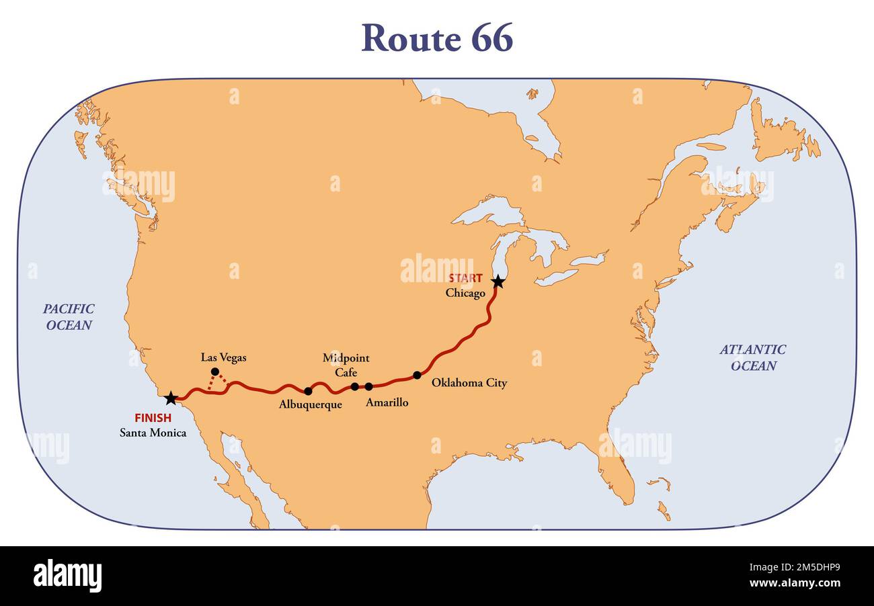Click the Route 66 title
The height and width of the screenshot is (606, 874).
coord(437,38)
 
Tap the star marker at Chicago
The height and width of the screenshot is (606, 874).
coord(498,282)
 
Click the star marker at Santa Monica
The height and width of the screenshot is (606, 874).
coord(171,398)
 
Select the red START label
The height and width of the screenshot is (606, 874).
coord(465,278)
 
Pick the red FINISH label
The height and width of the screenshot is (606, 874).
coord(153,418)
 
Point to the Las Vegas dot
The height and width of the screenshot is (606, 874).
coord(214,372)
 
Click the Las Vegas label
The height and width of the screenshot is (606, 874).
coord(223,357)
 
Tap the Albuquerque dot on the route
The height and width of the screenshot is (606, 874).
coord(308,391)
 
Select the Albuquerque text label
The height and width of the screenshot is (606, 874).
coord(310,404)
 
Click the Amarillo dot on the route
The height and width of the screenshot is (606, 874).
coord(368,386)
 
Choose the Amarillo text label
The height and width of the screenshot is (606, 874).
coord(387,402)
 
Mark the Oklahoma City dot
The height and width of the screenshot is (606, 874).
coord(417,375)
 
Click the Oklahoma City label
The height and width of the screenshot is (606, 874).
coord(469,383)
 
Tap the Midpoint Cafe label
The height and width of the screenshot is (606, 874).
coord(346,365)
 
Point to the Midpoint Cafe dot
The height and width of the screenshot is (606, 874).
coord(354,386)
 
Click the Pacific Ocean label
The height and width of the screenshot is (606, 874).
coord(69,317)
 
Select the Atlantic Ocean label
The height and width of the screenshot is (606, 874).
coord(752,357)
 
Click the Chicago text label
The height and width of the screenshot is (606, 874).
coord(465,294)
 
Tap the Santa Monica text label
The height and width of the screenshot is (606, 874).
coord(153,433)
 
